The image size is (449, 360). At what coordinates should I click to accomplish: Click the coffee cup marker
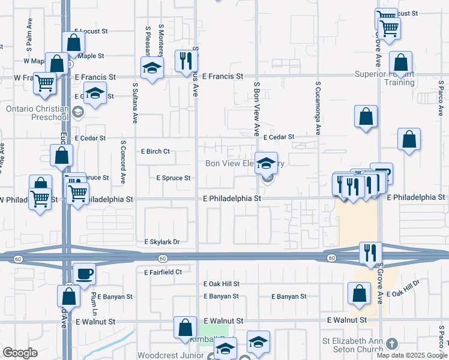click(x=84, y=273)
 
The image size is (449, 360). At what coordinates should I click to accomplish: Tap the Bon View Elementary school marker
click(x=266, y=163)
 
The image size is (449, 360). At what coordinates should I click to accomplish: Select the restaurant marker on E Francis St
click(x=185, y=60)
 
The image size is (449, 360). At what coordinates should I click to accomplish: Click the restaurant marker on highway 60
click(x=370, y=252)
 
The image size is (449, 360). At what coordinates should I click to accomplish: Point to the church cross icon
click(x=392, y=344)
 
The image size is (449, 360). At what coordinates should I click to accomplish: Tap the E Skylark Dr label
click(x=162, y=242)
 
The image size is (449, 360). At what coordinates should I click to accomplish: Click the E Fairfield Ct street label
click(x=163, y=272)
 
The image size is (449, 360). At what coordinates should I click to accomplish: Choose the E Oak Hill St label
click(x=221, y=284)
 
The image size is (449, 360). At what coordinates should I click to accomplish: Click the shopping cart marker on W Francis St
click(x=44, y=83)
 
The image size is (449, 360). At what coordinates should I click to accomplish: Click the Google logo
click(x=20, y=353)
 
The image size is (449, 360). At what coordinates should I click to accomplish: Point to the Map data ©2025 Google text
click(x=411, y=355)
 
